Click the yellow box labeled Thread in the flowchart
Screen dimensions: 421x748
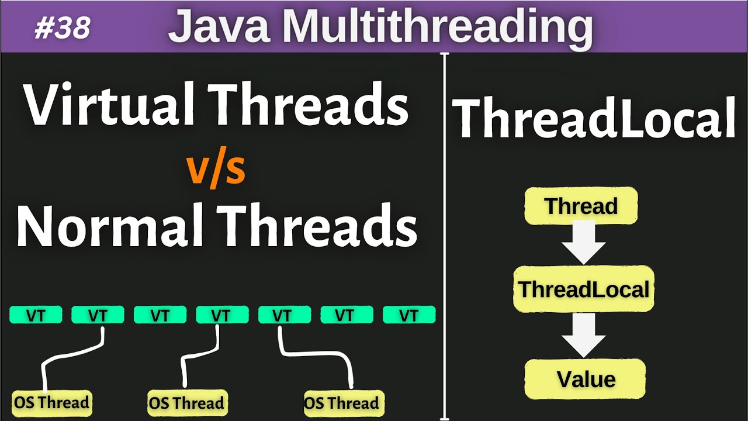point(581,206)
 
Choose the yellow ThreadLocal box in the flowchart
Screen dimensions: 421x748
point(584,289)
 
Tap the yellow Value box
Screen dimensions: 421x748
point(586,379)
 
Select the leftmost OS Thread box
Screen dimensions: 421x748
point(53,402)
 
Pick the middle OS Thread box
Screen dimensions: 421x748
point(186,403)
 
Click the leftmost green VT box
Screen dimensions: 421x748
point(36,315)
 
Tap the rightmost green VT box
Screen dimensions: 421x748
point(408,315)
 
